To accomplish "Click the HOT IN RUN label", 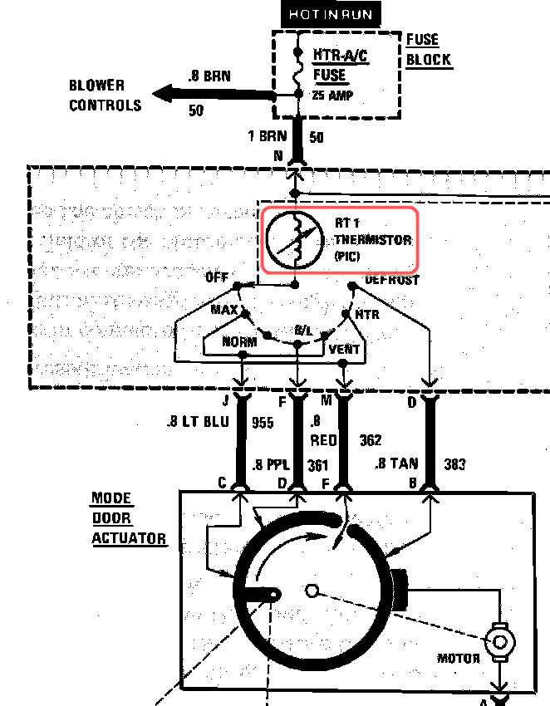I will click(331, 14).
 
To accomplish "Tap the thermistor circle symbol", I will click(294, 240).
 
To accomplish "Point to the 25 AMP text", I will click(333, 96).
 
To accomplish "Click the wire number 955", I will click(263, 423).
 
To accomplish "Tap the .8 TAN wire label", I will click(396, 463).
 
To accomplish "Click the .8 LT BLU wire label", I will click(197, 423).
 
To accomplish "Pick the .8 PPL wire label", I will click(270, 465).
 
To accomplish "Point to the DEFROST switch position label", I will click(391, 280).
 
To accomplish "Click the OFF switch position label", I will click(216, 278).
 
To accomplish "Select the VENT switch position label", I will click(344, 349).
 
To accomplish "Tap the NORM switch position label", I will click(239, 341).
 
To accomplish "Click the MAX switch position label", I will click(223, 310).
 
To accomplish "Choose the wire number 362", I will click(370, 439).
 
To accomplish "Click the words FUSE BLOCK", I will click(429, 50).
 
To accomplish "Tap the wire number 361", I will click(318, 465).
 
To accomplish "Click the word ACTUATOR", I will click(128, 538).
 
